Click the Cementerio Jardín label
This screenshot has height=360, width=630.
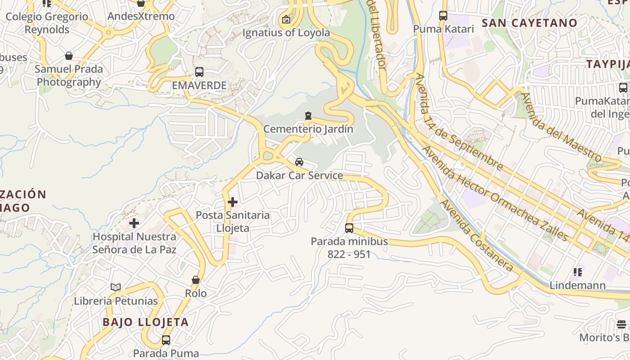pyautogui.click(x=308, y=129)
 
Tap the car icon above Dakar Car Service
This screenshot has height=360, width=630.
pyautogui.click(x=299, y=162)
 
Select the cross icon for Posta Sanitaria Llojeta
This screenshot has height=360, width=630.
pyautogui.click(x=233, y=202)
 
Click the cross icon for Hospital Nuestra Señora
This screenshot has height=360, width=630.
pyautogui.click(x=134, y=223)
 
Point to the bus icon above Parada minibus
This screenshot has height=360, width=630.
pyautogui.click(x=349, y=228)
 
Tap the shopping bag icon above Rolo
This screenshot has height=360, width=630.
pyautogui.click(x=196, y=280)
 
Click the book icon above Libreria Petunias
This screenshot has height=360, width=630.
pyautogui.click(x=116, y=287)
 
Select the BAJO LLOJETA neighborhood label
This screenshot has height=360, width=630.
pyautogui.click(x=145, y=322)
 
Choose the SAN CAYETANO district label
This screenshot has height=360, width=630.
pyautogui.click(x=530, y=23)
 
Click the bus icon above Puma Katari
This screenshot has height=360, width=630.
pyautogui.click(x=443, y=16)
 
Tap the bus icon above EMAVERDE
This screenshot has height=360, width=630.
pyautogui.click(x=199, y=72)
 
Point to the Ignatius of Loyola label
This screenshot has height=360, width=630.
pyautogui.click(x=286, y=33)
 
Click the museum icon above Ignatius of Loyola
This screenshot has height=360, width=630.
pyautogui.click(x=286, y=19)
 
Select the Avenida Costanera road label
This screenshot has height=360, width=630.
pyautogui.click(x=477, y=236)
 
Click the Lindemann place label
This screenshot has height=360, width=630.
pyautogui.click(x=577, y=285)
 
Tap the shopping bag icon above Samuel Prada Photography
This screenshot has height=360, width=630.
pyautogui.click(x=69, y=56)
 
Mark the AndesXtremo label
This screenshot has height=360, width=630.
pyautogui.click(x=141, y=17)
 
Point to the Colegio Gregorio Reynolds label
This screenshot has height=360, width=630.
pyautogui.click(x=47, y=23)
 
